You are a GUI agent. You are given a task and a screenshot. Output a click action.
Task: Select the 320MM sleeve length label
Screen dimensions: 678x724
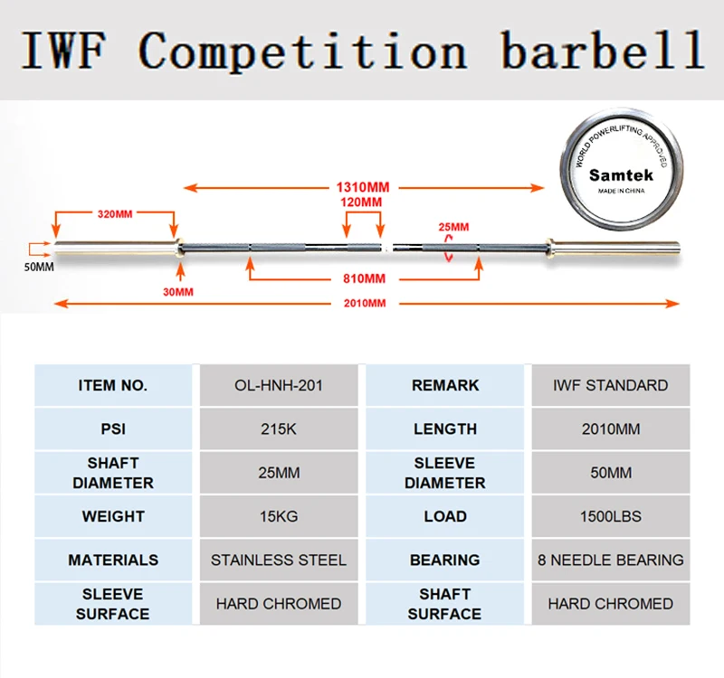[115, 214]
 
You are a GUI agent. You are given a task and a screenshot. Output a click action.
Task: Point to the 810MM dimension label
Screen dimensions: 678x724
[365, 278]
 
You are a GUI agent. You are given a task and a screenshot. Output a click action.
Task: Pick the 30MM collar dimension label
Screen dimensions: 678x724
[177, 292]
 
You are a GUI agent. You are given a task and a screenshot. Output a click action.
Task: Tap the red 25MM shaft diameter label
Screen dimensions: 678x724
[452, 226]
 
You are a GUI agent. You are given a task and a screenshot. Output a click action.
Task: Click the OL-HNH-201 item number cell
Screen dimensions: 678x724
[279, 385]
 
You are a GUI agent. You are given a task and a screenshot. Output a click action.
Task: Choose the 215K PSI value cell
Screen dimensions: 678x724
[279, 429]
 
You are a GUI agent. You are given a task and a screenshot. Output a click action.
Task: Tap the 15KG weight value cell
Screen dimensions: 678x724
[279, 517]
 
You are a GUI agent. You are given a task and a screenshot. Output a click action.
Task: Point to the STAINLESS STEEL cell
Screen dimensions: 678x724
[279, 560]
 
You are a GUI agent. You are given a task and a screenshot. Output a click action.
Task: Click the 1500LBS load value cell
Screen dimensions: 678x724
[611, 517]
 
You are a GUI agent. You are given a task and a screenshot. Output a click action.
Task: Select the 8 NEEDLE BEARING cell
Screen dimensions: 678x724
[611, 560]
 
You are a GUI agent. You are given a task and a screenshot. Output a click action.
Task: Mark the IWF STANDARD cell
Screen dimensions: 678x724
[611, 385]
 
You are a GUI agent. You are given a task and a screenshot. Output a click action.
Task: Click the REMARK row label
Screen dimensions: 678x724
[445, 385]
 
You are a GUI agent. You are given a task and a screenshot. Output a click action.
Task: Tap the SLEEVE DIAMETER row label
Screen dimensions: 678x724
[445, 473]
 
